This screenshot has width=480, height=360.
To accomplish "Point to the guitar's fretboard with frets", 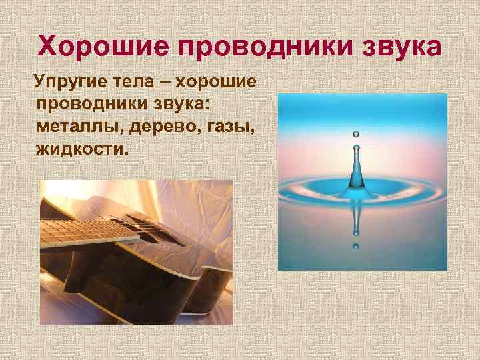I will [80, 229].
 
